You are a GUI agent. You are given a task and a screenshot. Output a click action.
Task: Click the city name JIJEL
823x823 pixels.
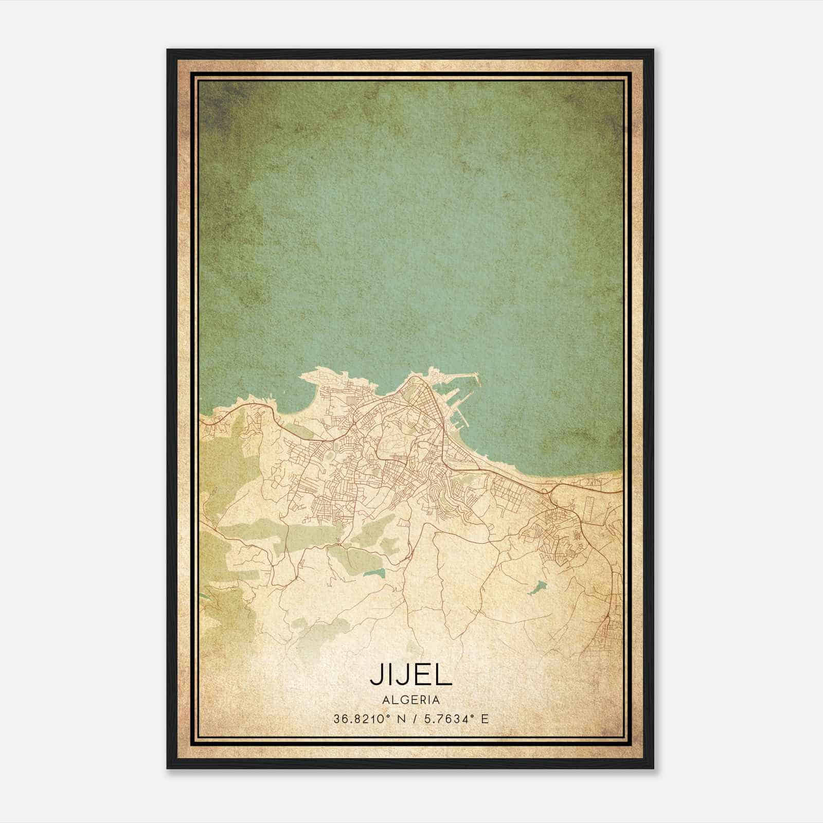[x=411, y=675]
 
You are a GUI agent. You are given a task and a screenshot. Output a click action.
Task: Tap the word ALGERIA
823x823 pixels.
[x=411, y=700]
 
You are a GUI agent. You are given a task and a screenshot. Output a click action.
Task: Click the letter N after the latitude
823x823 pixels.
[x=401, y=719]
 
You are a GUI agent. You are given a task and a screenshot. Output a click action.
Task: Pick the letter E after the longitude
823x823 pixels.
[x=485, y=719]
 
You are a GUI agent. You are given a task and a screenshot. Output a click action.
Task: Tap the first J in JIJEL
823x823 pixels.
[x=376, y=675]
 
